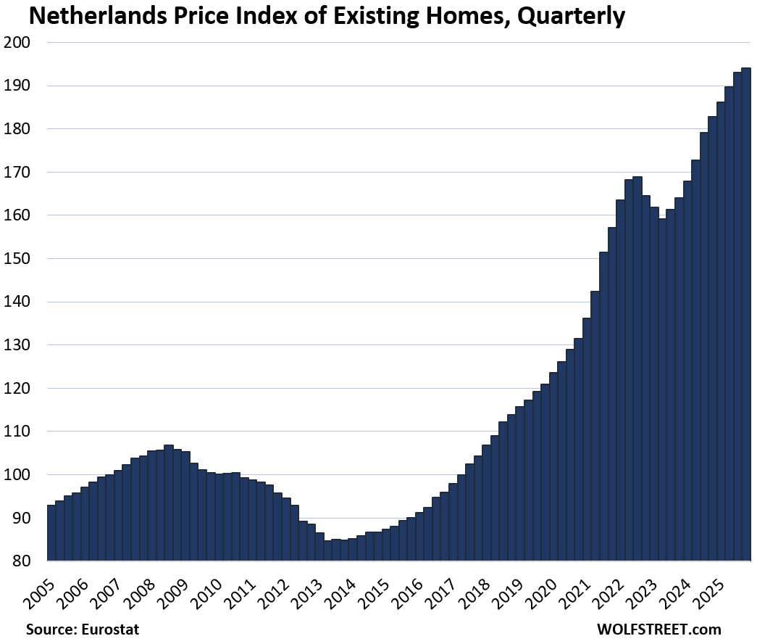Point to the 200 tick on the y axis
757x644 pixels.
click(18, 43)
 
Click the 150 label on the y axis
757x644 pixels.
click(18, 259)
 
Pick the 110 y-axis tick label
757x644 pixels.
click(18, 432)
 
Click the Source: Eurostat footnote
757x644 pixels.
click(82, 629)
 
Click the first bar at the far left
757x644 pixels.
click(51, 533)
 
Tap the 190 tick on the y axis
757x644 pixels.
click(18, 86)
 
